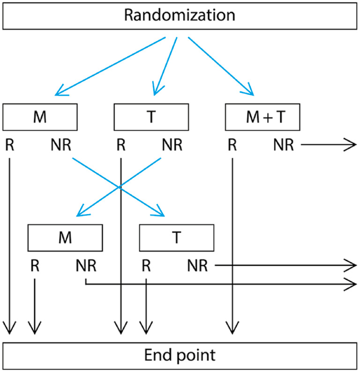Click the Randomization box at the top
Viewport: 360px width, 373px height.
pos(180,16)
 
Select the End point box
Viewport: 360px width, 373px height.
pos(180,355)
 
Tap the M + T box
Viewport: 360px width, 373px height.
pos(262,117)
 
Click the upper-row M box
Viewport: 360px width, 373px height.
pos(40,117)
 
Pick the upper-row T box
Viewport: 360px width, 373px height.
pos(151,117)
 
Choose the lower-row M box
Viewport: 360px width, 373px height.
pos(65,238)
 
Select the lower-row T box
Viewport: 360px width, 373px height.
pos(177,238)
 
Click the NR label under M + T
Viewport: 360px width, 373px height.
pos(284,145)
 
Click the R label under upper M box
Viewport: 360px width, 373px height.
pos(9,145)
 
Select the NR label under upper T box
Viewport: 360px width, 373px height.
pos(172,145)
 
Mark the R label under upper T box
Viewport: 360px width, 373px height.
pos(121,145)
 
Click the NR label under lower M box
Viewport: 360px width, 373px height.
pos(86,267)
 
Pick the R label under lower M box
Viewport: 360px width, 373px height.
pos(35,267)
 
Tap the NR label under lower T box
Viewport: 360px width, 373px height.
pos(197,267)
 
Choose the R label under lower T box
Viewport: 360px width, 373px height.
pos(146,267)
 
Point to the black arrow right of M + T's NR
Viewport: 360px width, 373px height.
pos(328,146)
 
